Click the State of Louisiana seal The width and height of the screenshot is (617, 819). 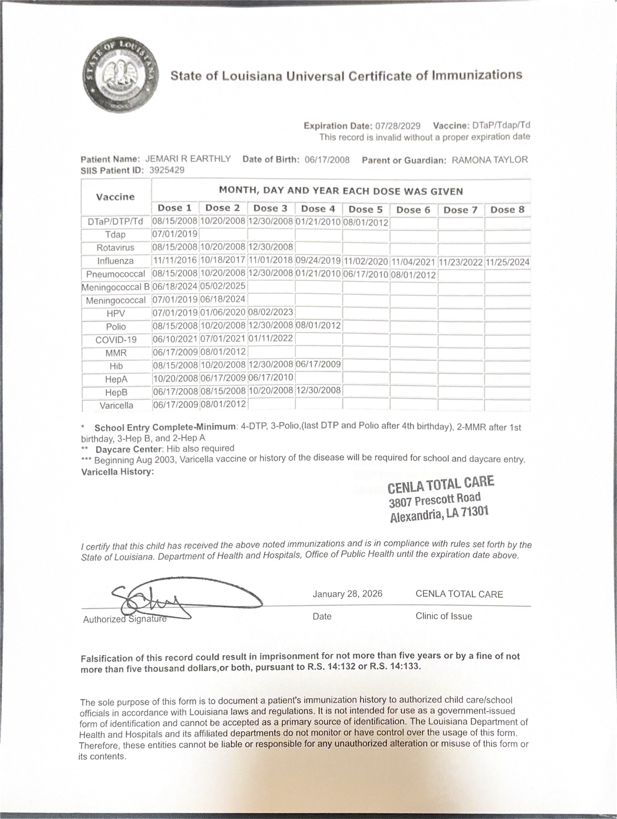[121, 75]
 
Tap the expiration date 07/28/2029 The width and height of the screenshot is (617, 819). [398, 126]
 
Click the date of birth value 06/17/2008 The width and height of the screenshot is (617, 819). [327, 160]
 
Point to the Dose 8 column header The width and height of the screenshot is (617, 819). [507, 209]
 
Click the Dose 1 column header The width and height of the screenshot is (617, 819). [174, 208]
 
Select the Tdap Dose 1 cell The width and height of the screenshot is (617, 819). [175, 234]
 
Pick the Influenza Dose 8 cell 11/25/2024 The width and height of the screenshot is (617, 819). [507, 262]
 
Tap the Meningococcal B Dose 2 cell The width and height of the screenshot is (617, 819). [223, 286]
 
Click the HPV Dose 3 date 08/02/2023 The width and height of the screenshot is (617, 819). [270, 312]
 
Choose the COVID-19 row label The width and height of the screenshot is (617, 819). [116, 340]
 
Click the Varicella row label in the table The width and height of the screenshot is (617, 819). [116, 406]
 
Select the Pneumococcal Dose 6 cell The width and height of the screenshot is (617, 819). [413, 275]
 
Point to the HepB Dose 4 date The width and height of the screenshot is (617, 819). [318, 390]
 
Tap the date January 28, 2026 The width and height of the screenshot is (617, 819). [347, 594]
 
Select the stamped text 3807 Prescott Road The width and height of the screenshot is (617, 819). [434, 500]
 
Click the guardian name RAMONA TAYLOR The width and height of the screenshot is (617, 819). [489, 160]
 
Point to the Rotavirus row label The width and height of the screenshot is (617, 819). [115, 248]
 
